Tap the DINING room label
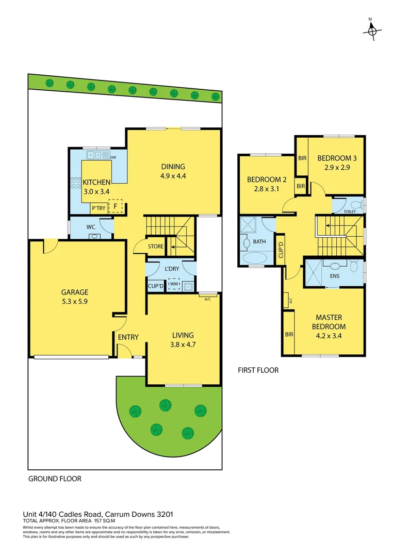click(x=173, y=167)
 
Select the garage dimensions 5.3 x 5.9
click(x=76, y=302)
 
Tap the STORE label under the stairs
click(x=155, y=247)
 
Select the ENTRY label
click(x=128, y=337)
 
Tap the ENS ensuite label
click(x=335, y=276)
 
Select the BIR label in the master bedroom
click(x=289, y=334)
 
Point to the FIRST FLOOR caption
click(x=258, y=370)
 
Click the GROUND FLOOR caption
click(x=54, y=479)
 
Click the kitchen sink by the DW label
click(x=94, y=154)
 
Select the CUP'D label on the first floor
click(x=281, y=249)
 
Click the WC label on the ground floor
click(x=90, y=226)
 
